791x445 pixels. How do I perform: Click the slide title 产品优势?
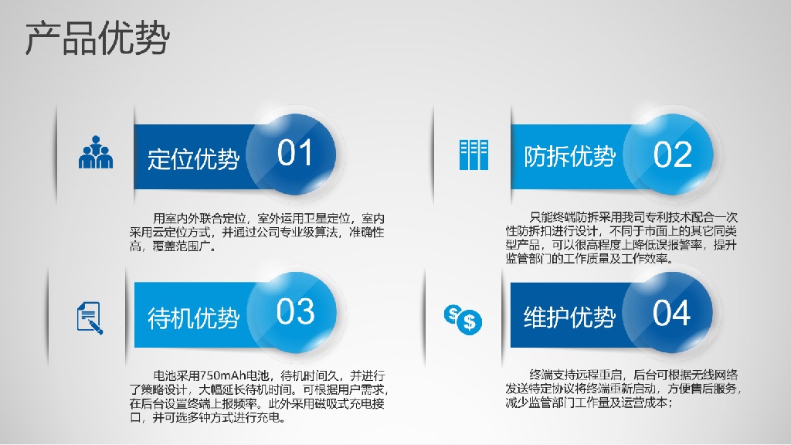click(x=97, y=38)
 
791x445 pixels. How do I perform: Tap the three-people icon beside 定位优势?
click(x=96, y=152)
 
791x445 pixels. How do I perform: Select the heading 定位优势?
click(x=193, y=158)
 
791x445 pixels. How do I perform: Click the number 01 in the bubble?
click(x=294, y=153)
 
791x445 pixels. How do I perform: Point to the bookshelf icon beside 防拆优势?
click(x=474, y=155)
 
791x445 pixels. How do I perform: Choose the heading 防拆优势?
click(x=570, y=156)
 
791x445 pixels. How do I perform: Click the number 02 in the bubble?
click(x=673, y=155)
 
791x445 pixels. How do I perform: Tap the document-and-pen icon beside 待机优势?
click(x=90, y=318)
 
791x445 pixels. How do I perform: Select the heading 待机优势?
click(x=193, y=318)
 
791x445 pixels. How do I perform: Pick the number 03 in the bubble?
click(x=296, y=312)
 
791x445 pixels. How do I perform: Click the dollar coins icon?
click(x=463, y=320)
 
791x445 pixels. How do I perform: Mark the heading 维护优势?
click(x=570, y=318)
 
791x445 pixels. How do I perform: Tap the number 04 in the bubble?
click(x=671, y=313)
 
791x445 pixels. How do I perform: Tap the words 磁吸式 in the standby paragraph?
click(x=332, y=403)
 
